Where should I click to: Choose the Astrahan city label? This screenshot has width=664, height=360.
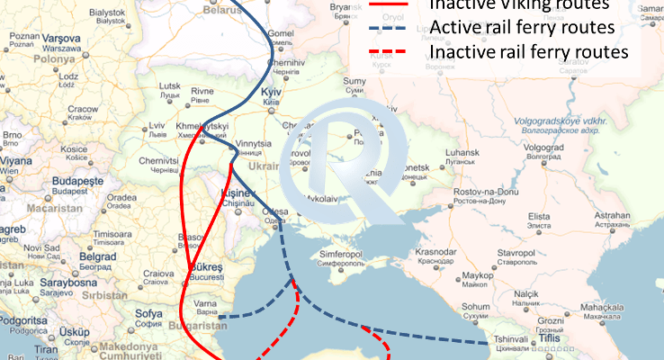[x=612, y=216]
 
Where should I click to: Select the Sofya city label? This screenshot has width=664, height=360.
[x=148, y=314]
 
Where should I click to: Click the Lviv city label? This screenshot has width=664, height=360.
[x=157, y=125]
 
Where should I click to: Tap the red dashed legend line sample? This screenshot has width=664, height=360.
[x=390, y=52]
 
